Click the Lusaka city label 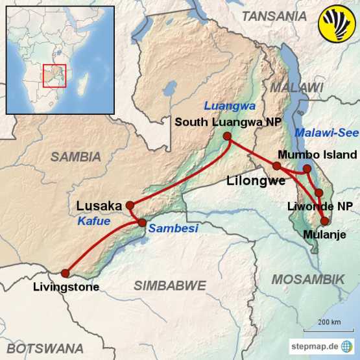click(99, 206)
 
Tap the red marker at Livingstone click(65, 273)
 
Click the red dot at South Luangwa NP click(227, 136)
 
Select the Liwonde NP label click(320, 207)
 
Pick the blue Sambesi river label click(173, 228)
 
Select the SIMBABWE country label click(169, 285)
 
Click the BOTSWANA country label click(45, 348)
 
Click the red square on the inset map click(54, 75)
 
